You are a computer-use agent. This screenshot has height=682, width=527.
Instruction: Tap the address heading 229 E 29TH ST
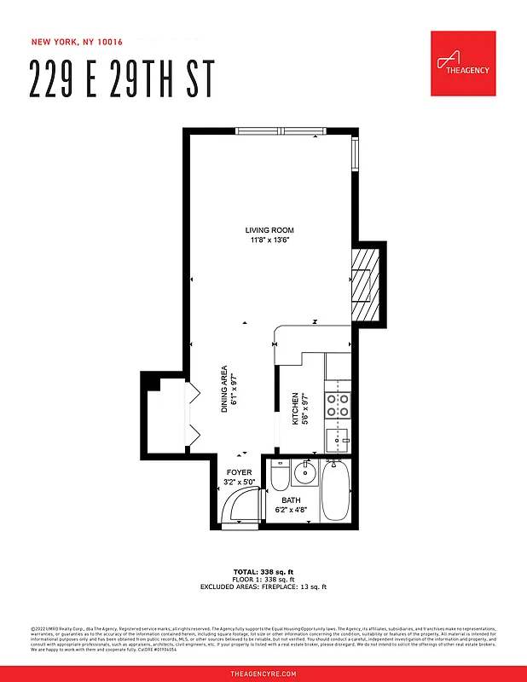(x=121, y=79)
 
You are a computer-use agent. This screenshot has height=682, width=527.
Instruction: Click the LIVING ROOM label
(x=269, y=230)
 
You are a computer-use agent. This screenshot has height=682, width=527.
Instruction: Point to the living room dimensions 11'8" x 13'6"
(x=269, y=240)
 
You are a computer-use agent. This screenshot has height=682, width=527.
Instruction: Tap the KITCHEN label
(x=296, y=409)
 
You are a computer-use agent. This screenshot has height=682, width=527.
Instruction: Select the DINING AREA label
(x=224, y=390)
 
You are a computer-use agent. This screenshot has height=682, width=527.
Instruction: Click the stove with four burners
(x=338, y=404)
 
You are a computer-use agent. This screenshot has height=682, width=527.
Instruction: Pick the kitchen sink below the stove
(x=338, y=440)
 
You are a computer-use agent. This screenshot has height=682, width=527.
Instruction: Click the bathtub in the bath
(x=335, y=492)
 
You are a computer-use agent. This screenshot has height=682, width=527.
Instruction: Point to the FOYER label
(x=239, y=472)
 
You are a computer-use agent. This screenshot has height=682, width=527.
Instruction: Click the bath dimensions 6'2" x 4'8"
(x=290, y=510)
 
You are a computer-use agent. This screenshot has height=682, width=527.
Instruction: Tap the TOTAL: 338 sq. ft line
(x=263, y=571)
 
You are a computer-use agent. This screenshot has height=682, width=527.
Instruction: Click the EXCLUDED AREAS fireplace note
(x=263, y=587)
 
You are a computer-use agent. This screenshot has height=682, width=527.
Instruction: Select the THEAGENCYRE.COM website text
(x=263, y=673)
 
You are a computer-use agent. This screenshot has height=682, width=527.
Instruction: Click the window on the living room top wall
(x=280, y=130)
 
